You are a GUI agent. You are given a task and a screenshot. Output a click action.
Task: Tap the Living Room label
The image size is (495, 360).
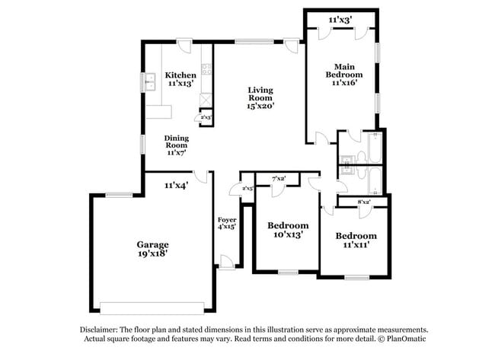pyautogui.click(x=260, y=98)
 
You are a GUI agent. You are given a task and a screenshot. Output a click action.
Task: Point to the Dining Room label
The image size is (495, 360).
pyautogui.click(x=176, y=145)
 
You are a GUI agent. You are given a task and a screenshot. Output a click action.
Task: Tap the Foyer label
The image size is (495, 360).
pyautogui.click(x=226, y=222)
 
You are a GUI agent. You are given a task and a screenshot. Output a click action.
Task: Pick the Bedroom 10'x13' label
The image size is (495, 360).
pyautogui.click(x=288, y=230)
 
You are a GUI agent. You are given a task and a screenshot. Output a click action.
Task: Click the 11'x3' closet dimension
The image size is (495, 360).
pyautogui.click(x=340, y=19)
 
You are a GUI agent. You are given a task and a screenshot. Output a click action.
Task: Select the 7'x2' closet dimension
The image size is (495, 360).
pyautogui.click(x=279, y=178)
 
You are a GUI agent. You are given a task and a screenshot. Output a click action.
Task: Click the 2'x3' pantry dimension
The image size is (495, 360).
pyautogui.click(x=206, y=118)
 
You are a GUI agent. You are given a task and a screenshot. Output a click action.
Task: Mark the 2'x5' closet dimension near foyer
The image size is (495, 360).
pyautogui.click(x=247, y=188)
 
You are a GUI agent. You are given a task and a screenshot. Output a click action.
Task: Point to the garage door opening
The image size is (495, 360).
pyautogui.click(x=152, y=308)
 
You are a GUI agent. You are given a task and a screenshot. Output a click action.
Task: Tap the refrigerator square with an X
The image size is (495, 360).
pyautogui.click(x=206, y=100)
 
